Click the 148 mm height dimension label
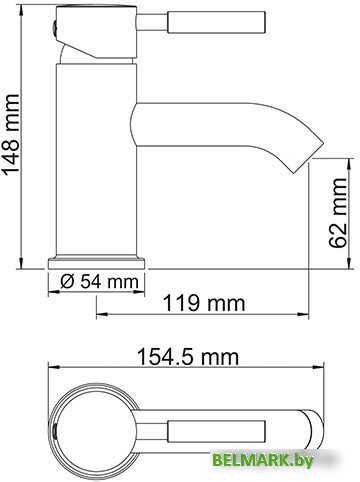(11, 134)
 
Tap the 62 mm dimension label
(337, 213)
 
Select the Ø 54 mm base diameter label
(99, 282)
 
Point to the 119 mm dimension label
(204, 303)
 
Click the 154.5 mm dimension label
(188, 357)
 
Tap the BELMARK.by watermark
(263, 461)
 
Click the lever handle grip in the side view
(216, 22)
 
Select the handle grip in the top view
(216, 431)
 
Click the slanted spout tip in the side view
(308, 157)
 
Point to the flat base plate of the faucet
(97, 263)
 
